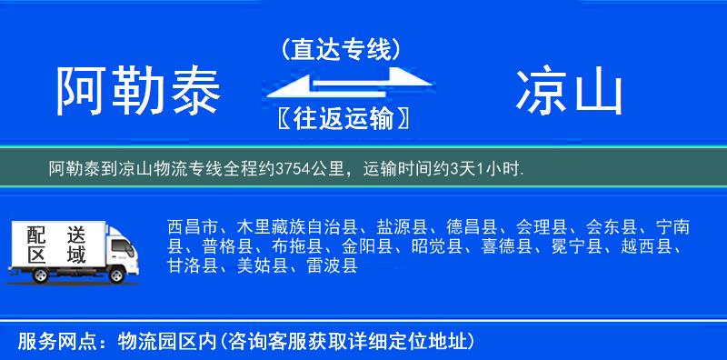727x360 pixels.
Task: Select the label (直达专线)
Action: point(341,50)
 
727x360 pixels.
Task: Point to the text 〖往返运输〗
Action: point(341,118)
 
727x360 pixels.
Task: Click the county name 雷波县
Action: point(332,266)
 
